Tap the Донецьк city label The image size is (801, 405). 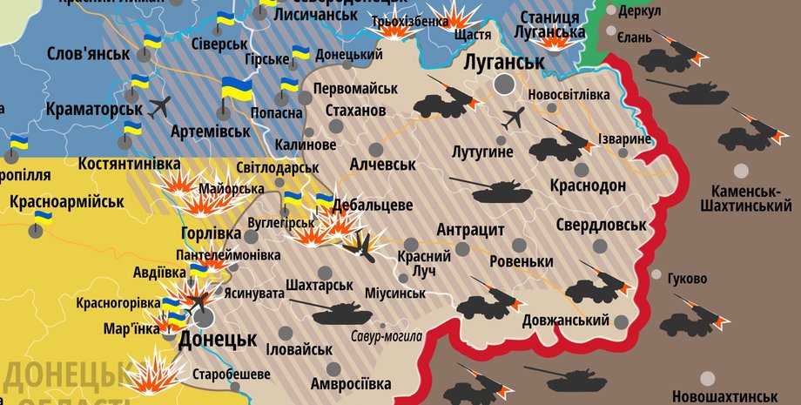click(217, 339)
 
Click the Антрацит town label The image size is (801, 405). click(470, 230)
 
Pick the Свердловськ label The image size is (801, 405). click(601, 224)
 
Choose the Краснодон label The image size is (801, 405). click(588, 186)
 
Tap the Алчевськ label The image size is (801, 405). click(382, 164)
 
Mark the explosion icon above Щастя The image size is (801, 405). click(454, 16)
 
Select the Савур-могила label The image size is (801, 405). click(387, 336)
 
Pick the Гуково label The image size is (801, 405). click(687, 279)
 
